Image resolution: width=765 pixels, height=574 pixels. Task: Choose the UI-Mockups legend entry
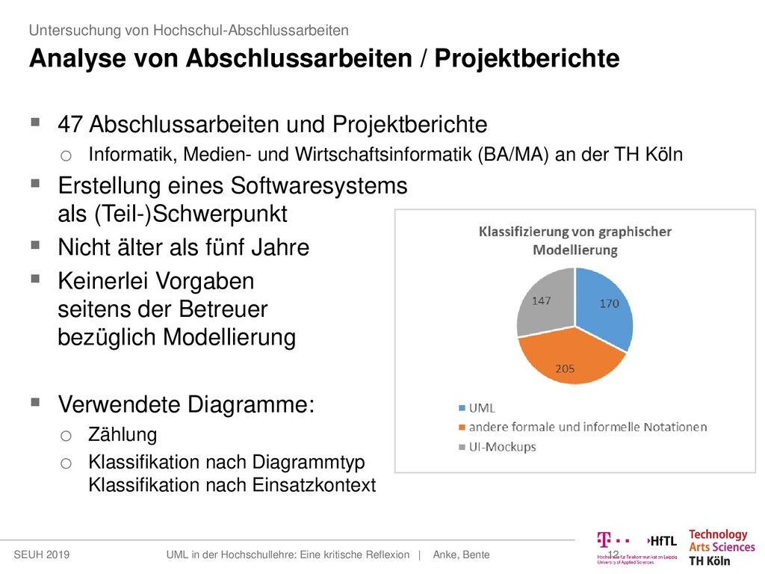click(497, 447)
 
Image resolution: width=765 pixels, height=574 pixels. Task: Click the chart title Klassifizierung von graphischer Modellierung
click(574, 241)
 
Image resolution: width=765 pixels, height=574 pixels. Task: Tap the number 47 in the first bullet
click(70, 123)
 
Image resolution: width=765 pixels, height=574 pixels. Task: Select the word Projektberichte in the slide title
click(529, 58)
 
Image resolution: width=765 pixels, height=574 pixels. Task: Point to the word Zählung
click(123, 435)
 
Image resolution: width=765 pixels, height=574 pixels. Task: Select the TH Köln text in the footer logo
click(709, 561)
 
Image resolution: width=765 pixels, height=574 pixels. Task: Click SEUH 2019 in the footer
click(43, 555)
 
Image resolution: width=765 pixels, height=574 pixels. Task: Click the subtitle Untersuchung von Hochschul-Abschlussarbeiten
click(188, 31)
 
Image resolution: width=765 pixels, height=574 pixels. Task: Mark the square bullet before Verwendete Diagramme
click(36, 403)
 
